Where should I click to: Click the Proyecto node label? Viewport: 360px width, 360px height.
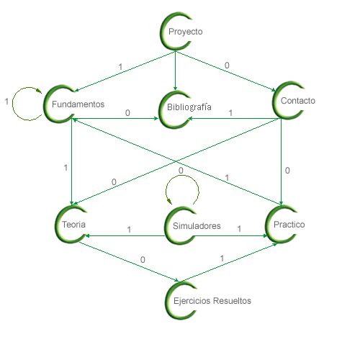tap(186, 32)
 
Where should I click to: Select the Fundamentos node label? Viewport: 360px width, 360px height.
tap(78, 104)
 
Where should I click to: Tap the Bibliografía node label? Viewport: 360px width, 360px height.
tap(189, 107)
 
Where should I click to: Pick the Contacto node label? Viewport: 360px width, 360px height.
tap(298, 101)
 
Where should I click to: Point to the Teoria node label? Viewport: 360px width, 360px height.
tap(73, 225)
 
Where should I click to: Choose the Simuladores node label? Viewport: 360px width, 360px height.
tap(197, 226)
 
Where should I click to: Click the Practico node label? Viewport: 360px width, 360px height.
tap(289, 225)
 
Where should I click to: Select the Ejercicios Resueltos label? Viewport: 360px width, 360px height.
tap(212, 301)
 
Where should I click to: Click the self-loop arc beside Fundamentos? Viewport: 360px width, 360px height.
tap(13, 104)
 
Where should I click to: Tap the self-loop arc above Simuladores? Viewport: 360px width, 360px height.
tap(182, 176)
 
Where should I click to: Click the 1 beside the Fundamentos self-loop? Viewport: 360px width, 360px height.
tap(6, 102)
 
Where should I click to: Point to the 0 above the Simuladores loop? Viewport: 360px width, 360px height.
tap(181, 171)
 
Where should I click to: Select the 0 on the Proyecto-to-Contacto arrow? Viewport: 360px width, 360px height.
tap(227, 66)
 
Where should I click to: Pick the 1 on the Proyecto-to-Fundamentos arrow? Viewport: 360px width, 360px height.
tap(120, 67)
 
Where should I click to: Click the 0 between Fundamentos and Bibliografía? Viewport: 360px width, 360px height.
tap(127, 113)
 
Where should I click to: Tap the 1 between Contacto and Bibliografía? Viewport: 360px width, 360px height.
tap(230, 113)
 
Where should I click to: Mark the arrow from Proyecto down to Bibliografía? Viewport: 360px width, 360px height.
tap(175, 71)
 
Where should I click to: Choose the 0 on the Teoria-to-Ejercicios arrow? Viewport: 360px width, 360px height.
tap(143, 260)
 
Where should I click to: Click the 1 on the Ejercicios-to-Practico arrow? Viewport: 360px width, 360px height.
tap(222, 258)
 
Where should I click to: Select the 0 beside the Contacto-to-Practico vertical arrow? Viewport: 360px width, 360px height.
tap(287, 171)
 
